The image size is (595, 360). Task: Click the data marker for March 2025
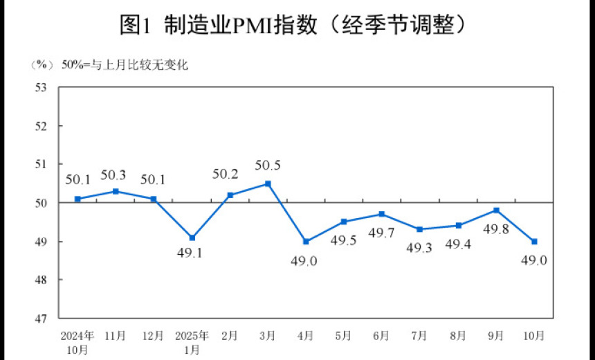pyautogui.click(x=268, y=183)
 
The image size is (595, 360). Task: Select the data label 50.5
pyautogui.click(x=268, y=166)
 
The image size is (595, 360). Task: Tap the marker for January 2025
pyautogui.click(x=192, y=237)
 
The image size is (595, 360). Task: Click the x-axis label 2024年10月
pyautogui.click(x=77, y=342)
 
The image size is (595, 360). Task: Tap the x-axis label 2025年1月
pyautogui.click(x=192, y=342)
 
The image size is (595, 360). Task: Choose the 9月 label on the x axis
pyautogui.click(x=496, y=336)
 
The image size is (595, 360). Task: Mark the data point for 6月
pyautogui.click(x=382, y=214)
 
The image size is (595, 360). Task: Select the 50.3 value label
pyautogui.click(x=116, y=174)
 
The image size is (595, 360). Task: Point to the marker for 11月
pyautogui.click(x=116, y=191)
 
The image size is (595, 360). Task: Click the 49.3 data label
pyautogui.click(x=419, y=248)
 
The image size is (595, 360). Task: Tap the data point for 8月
pyautogui.click(x=458, y=226)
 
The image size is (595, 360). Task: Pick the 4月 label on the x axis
pyautogui.click(x=306, y=336)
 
